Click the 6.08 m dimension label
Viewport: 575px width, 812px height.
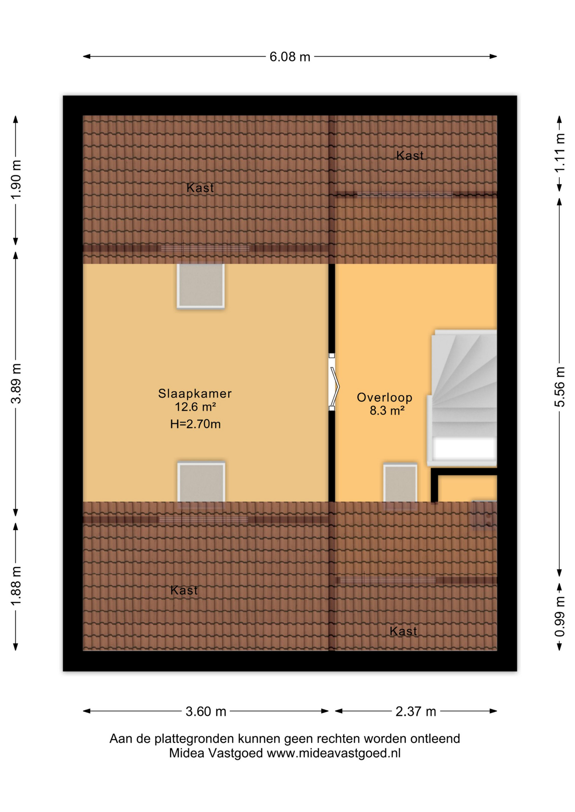[290, 57]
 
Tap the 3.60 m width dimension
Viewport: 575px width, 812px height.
[206, 711]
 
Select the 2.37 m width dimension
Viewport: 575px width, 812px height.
[415, 711]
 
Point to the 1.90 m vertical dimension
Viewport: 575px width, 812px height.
[16, 180]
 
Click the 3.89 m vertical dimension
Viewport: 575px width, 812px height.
[16, 383]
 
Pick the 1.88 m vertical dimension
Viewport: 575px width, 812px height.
[16, 586]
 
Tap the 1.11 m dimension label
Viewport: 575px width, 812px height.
[560, 153]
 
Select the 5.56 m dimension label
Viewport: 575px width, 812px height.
[560, 387]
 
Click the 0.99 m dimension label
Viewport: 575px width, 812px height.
[560, 616]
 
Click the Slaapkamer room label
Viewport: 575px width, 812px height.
[195, 393]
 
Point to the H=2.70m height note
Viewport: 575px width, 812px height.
[195, 424]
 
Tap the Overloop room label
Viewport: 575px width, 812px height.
[384, 397]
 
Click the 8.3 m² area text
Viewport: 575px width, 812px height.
[387, 410]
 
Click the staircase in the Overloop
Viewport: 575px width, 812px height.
[464, 398]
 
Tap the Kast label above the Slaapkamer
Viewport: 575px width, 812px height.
[200, 188]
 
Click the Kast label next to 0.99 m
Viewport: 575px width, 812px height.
[403, 631]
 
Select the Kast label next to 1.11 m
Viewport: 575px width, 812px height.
[409, 156]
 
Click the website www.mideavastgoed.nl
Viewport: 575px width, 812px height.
[333, 753]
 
